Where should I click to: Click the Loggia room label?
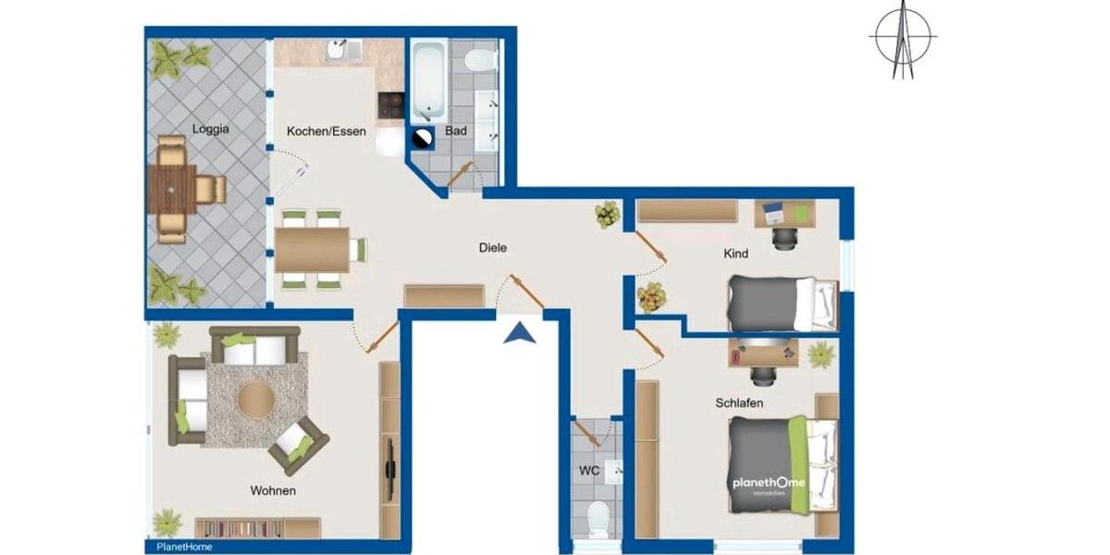211,129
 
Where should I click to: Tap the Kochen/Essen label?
326,131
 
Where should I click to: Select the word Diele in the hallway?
493,248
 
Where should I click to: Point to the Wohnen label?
273,490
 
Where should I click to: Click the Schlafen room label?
739,403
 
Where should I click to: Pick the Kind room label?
736,253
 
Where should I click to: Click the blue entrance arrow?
520,331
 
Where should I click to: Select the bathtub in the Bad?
427,79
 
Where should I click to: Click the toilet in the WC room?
598,517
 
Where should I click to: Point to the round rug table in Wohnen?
255,401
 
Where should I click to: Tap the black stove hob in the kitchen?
390,105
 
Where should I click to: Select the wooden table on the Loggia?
172,190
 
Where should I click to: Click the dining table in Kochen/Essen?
312,250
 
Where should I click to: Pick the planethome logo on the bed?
769,484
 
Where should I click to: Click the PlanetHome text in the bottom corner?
178,547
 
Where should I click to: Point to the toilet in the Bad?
480,61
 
